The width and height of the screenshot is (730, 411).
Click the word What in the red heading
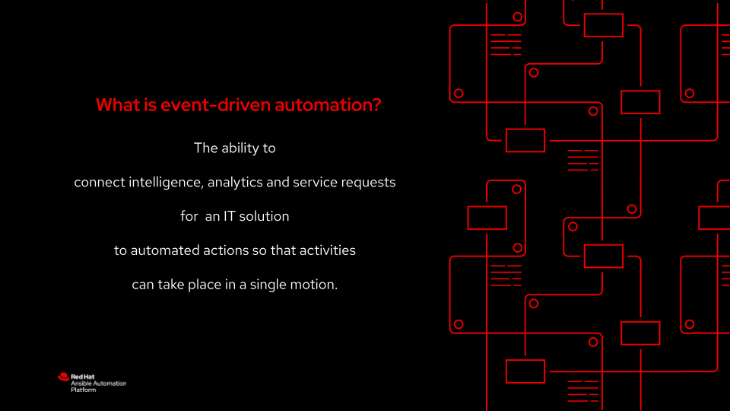[x=117, y=105]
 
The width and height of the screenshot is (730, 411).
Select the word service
[x=319, y=183]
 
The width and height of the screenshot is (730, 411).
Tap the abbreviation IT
[x=230, y=216]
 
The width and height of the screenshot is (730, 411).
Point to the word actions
[x=221, y=250]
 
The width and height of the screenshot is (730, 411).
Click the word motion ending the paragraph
[x=317, y=284]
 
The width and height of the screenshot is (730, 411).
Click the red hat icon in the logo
[x=63, y=376]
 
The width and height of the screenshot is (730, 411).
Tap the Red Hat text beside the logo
[x=82, y=376]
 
